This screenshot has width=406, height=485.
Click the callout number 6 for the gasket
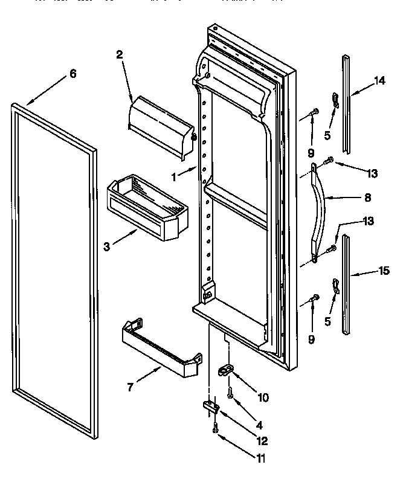click(72, 74)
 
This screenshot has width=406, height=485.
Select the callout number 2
click(119, 54)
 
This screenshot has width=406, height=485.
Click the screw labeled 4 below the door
click(230, 394)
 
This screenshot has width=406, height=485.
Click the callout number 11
click(260, 458)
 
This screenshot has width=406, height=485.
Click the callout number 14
click(379, 82)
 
